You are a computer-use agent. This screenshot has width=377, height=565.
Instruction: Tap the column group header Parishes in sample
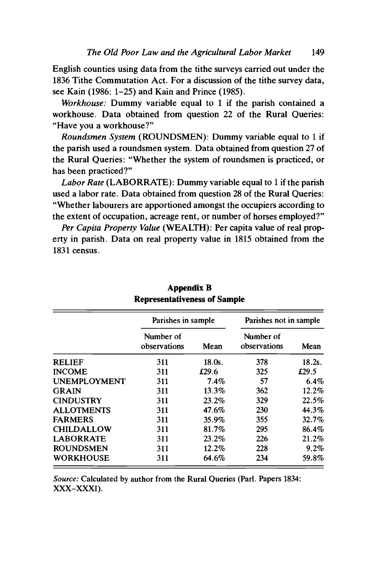pos(183,320)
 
